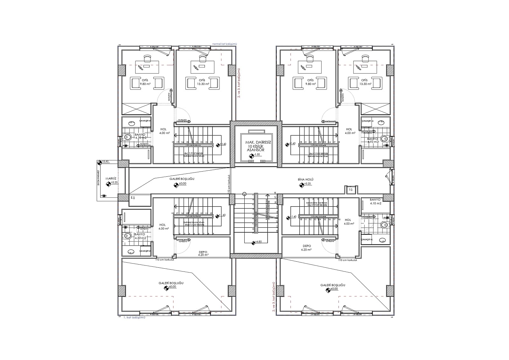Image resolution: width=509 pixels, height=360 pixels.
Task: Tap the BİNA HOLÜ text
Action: pos(305,180)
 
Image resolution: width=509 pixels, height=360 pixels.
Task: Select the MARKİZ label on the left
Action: pos(110,178)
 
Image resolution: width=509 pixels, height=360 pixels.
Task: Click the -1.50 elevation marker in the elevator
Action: pos(252,155)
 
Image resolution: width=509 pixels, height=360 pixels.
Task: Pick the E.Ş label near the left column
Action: pos(133,198)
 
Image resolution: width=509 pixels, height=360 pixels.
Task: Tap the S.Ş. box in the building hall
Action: pos(351,189)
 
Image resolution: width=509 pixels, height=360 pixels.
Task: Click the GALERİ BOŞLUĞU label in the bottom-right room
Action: pos(332,285)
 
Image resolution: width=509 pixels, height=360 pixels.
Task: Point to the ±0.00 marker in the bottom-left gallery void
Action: pos(166,288)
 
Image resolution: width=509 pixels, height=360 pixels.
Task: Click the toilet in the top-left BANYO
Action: pos(128,138)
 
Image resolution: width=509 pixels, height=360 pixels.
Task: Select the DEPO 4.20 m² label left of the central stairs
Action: pos(203,253)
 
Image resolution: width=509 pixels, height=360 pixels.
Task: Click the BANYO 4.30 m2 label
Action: pos(140,236)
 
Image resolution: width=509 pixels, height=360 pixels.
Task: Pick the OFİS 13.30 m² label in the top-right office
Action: pos(364,82)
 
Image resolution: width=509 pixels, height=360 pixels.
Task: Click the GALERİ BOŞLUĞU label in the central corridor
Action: pos(182,179)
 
